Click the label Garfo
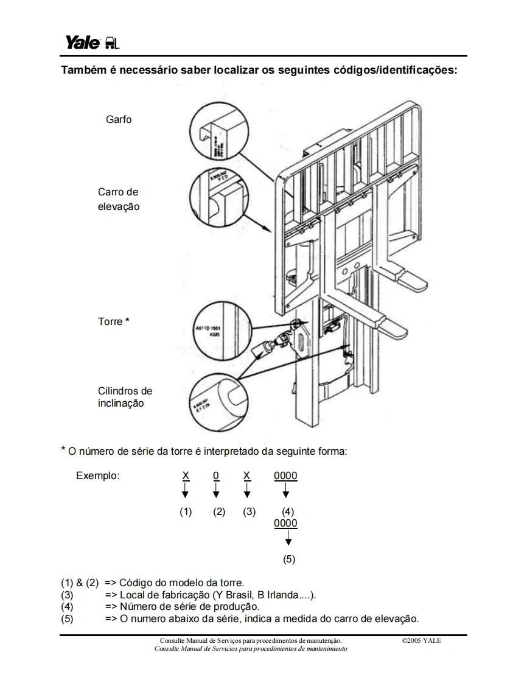[118, 119]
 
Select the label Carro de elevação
[119, 199]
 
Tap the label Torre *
[114, 321]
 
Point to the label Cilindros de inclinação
[125, 397]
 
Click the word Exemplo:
[97, 475]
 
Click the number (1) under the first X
[186, 511]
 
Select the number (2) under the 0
[219, 511]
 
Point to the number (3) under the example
[249, 511]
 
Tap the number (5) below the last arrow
[289, 559]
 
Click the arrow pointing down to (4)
[286, 490]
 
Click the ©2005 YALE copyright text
[422, 640]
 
